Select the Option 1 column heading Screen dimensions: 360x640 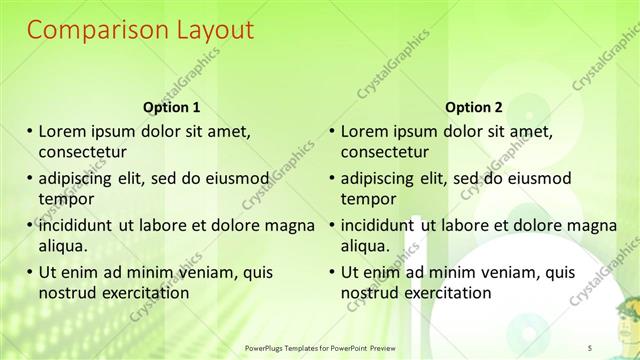[172, 107]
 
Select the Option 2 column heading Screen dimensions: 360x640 [474, 107]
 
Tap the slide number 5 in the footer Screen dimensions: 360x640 [591, 346]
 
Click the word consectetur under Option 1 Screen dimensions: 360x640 [82, 152]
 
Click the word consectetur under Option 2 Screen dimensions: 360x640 [384, 152]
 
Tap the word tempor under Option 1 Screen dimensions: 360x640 [64, 198]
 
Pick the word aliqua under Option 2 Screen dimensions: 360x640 [366, 245]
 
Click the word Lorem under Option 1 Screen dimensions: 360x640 [62, 131]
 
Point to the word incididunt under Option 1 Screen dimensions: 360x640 [81, 224]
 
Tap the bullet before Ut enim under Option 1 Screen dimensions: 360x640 [31, 271]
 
